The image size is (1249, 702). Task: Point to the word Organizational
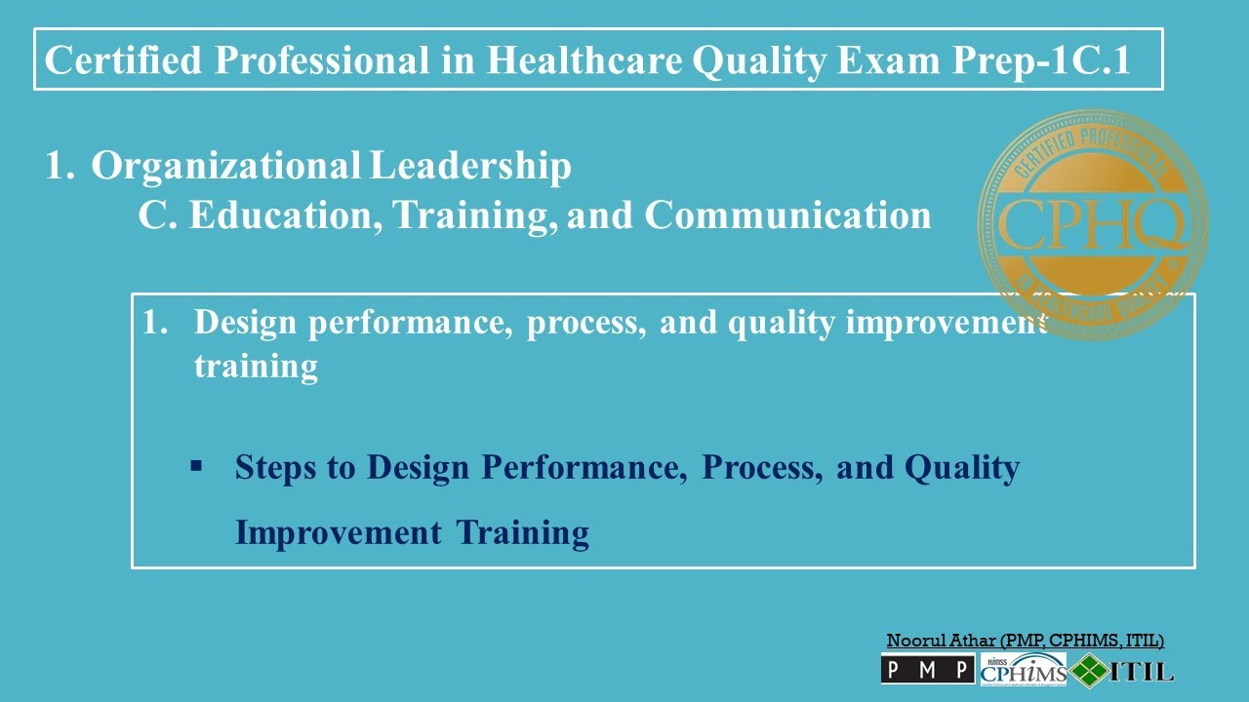tap(225, 167)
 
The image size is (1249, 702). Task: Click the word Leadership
tap(470, 167)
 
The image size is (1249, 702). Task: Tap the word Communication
tap(787, 215)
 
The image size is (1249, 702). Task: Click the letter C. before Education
tap(156, 215)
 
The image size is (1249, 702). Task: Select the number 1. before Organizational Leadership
tap(60, 167)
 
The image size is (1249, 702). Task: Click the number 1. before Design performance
tap(155, 323)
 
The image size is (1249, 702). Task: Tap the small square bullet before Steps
tap(196, 467)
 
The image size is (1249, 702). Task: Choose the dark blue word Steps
tap(276, 468)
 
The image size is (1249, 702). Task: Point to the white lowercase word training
tap(256, 368)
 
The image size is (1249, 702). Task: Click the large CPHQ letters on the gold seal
tap(1092, 225)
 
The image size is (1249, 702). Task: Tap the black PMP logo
tap(927, 669)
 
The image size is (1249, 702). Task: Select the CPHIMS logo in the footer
tap(1024, 670)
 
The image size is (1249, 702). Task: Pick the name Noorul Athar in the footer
tap(941, 641)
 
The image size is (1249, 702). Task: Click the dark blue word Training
tap(523, 533)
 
